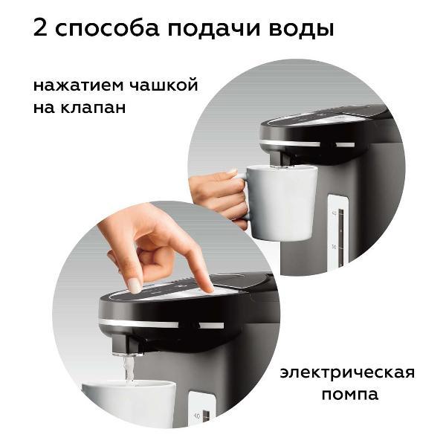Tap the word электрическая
coord(347,372)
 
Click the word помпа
coord(349,395)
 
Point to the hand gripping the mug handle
coord(219,195)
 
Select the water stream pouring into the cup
coord(129,368)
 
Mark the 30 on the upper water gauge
coord(334,245)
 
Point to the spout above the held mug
coord(277,158)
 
